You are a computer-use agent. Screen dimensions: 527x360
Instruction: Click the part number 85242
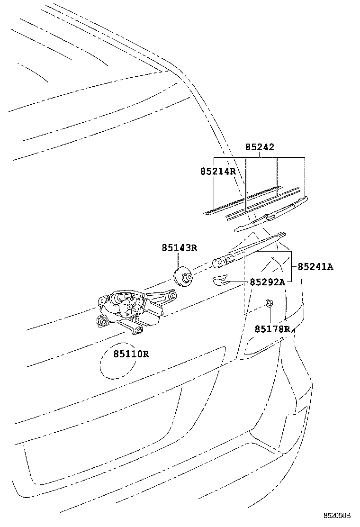tap(260, 147)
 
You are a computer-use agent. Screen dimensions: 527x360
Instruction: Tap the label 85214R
tap(217, 171)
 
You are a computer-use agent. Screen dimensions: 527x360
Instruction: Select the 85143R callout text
tap(179, 247)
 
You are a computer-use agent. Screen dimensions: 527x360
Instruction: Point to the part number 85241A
tap(315, 267)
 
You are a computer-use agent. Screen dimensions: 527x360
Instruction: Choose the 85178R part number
tap(272, 328)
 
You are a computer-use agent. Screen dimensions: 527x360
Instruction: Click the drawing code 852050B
tap(337, 515)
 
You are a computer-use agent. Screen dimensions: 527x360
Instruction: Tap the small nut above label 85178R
tap(269, 303)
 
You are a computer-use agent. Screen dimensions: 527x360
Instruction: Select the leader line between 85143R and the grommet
tap(178, 260)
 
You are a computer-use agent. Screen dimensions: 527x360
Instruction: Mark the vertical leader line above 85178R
tap(270, 316)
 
